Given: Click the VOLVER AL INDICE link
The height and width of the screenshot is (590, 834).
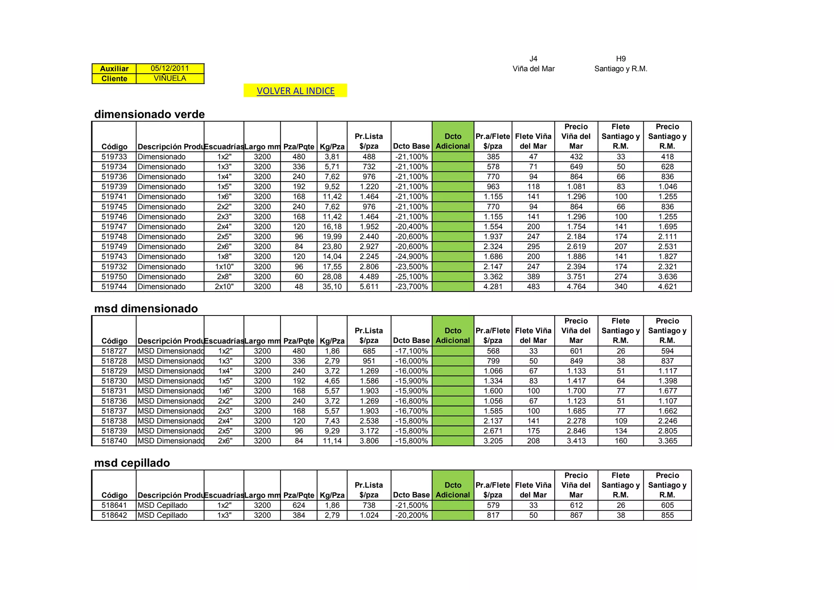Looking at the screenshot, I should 295,91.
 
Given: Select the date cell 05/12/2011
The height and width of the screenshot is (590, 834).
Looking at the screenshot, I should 170,68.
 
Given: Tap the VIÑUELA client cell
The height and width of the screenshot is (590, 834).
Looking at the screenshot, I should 170,79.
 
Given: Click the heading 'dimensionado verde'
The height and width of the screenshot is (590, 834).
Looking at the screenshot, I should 149,114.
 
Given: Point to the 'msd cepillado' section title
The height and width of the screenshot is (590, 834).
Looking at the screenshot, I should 132,463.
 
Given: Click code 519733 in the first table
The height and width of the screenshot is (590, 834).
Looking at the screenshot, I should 114,157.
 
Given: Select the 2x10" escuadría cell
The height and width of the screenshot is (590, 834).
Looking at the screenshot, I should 224,287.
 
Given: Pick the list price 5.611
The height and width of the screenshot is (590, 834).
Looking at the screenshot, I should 369,287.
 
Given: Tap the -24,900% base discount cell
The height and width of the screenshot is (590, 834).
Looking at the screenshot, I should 411,257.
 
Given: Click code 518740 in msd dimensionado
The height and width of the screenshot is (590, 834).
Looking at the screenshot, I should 114,441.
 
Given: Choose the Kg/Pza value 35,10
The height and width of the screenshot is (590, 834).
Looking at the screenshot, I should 332,287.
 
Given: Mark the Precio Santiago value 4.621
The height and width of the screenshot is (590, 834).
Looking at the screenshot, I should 667,287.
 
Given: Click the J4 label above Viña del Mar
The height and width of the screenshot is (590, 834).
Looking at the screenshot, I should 533,59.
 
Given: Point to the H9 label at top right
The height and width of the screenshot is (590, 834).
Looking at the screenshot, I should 621,59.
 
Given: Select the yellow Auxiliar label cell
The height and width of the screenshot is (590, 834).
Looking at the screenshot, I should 114,68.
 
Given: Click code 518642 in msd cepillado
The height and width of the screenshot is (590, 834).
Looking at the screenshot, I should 114,515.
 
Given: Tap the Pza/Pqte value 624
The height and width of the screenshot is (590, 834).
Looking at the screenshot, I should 298,505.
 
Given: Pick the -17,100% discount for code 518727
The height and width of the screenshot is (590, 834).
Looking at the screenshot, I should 411,351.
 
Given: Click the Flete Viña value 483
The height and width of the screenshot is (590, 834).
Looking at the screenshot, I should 533,287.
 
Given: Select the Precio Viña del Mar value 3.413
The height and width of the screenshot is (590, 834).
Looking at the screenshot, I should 576,441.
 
